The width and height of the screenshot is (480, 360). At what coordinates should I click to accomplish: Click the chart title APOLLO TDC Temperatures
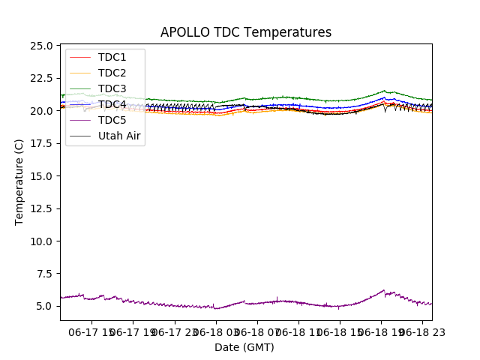246,32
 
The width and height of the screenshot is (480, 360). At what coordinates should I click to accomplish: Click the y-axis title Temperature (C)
19,181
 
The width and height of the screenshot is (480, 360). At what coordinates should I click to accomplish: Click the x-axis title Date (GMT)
244,347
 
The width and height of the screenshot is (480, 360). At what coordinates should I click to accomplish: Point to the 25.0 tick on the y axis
41,46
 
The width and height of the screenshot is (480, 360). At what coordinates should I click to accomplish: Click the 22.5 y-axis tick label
41,78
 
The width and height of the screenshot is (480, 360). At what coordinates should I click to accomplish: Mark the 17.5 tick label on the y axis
41,143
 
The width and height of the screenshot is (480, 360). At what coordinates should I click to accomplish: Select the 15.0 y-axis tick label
41,175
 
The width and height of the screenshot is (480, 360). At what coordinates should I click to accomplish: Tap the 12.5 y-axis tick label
41,208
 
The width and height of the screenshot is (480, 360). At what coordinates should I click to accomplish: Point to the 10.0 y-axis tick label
41,241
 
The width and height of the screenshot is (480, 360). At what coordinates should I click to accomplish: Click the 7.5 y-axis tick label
44,274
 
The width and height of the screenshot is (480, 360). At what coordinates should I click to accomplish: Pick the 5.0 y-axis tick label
44,306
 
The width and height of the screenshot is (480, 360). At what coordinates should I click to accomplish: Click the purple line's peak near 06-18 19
384,290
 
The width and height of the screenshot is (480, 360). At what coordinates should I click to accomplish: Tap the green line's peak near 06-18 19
384,91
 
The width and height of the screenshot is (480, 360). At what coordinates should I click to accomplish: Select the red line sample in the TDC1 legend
79,57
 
